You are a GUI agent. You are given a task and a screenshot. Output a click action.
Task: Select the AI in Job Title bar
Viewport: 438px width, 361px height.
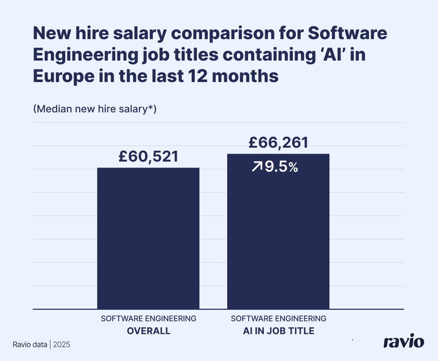[278, 236]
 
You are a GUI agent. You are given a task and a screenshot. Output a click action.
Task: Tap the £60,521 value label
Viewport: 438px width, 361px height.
[148, 157]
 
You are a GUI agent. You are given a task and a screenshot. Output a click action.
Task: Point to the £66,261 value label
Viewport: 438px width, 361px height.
[278, 142]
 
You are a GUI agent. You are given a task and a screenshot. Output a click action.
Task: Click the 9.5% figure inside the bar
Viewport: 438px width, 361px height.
[281, 167]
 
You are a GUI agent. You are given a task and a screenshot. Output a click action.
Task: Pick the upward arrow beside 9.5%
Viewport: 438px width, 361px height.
[257, 167]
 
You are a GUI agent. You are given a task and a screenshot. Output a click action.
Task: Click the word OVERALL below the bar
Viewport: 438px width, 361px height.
[149, 331]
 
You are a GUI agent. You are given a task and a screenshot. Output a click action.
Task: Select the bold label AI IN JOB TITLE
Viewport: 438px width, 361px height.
[279, 331]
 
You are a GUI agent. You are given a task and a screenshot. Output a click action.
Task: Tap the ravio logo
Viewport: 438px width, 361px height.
[403, 342]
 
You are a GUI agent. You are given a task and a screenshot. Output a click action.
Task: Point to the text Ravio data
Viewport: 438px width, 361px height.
[30, 344]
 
